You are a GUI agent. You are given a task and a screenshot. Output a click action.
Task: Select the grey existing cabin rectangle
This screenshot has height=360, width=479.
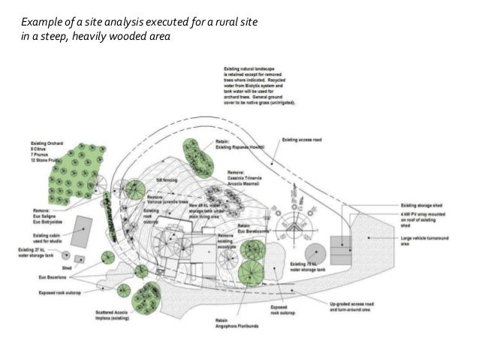pos(83,228)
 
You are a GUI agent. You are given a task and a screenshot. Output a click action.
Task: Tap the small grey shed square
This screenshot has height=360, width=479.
pos(80,259)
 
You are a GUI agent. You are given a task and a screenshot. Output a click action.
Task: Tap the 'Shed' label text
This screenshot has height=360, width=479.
pos(66,268)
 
